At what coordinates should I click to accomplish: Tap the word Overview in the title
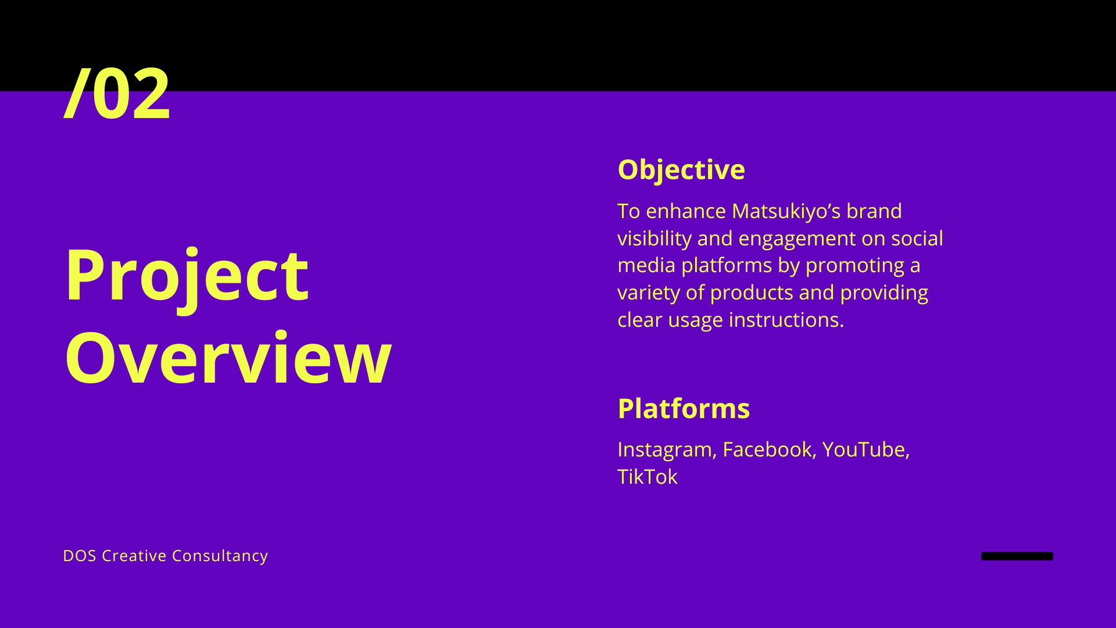(228, 358)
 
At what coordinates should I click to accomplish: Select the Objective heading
(681, 170)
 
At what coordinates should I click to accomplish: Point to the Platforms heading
(684, 408)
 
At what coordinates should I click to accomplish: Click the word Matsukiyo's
(786, 211)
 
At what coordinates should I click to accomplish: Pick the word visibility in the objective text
(654, 238)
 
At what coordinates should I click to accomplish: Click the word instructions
(786, 320)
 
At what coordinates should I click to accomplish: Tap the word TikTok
(648, 477)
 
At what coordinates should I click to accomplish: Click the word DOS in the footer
(80, 556)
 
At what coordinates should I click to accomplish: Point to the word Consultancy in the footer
(220, 556)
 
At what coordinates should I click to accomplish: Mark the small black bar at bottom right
(1017, 556)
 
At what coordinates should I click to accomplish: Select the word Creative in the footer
(134, 556)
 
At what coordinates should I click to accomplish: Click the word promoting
(855, 266)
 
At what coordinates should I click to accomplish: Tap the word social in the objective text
(917, 238)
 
